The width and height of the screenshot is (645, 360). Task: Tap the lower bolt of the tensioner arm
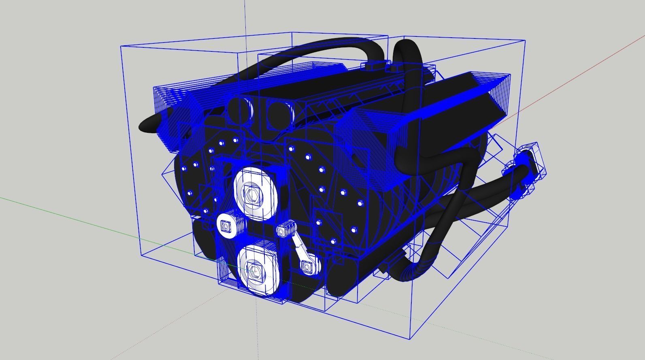[307, 266]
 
